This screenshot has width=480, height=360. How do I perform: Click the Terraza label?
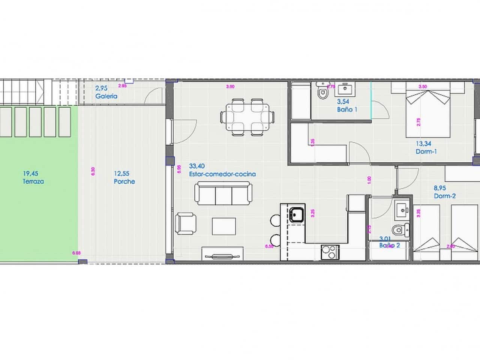coord(33,181)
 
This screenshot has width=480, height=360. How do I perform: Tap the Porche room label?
coord(124,181)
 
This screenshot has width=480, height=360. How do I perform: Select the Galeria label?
coord(106,96)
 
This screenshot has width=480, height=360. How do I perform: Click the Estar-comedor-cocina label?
coord(222,174)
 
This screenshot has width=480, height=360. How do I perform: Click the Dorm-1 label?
coord(426,151)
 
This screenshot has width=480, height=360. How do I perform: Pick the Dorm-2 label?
coord(445,196)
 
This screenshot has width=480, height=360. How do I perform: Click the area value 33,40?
coord(197,166)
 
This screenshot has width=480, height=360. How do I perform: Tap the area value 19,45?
coord(30,174)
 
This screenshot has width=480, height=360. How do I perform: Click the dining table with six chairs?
coord(247,117)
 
